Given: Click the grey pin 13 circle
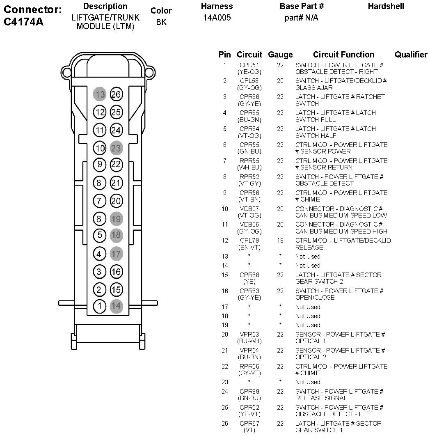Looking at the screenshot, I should click(99, 94).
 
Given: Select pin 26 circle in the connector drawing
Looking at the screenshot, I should click(117, 94).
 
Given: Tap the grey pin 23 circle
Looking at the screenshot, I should click(117, 148).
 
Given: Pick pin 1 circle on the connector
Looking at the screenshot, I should click(99, 306).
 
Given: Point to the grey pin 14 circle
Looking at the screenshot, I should click(117, 306).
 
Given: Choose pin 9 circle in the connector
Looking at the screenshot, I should click(99, 165).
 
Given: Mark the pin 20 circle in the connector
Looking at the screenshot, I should click(117, 201).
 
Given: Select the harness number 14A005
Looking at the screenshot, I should click(217, 18).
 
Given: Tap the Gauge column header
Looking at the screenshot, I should click(280, 55).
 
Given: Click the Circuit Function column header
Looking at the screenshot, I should click(343, 55).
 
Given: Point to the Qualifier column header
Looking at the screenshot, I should click(411, 55).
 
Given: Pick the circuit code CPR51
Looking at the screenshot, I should click(249, 65).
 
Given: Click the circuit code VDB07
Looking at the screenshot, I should click(249, 209).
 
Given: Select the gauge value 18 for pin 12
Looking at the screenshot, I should click(280, 241).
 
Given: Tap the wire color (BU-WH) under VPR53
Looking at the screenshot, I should click(249, 341).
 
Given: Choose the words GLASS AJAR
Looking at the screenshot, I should click(314, 88).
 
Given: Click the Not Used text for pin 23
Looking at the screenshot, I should click(308, 382).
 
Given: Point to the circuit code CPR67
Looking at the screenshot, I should click(249, 424).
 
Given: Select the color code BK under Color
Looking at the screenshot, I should click(161, 22).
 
